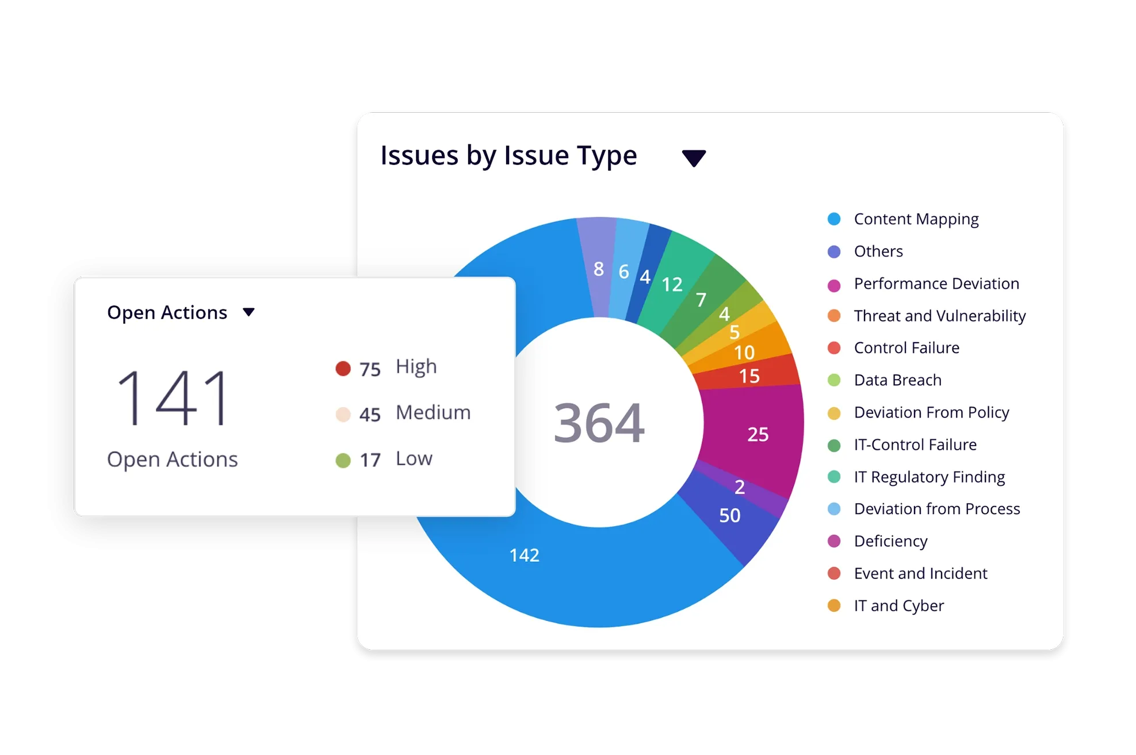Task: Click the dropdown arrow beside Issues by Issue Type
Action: point(694,158)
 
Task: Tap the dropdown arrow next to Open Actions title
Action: point(248,312)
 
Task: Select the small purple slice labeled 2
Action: point(740,486)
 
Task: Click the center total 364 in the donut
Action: point(599,423)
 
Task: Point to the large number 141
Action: point(173,398)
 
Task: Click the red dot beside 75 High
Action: point(343,369)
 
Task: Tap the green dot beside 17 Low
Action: point(343,460)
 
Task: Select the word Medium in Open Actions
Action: point(433,412)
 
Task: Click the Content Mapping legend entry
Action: point(916,219)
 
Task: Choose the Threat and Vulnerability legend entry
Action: point(939,316)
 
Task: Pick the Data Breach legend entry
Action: point(897,380)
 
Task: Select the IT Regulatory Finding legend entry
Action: point(929,477)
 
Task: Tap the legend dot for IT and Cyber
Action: point(834,605)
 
